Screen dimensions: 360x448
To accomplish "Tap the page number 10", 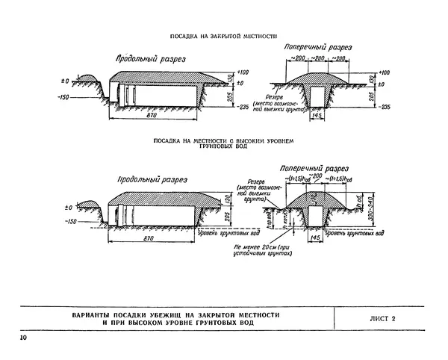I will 25,340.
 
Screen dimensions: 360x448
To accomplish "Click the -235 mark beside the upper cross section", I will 385,108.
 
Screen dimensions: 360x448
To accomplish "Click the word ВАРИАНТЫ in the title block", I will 97,315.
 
